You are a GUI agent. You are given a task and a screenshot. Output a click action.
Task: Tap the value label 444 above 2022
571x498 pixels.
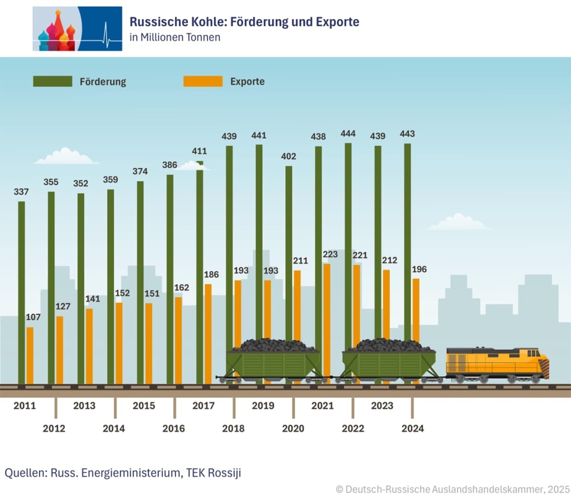(348, 134)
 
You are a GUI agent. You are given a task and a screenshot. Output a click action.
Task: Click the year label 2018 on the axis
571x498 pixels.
(233, 428)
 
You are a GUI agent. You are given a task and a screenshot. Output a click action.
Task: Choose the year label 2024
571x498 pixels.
(413, 428)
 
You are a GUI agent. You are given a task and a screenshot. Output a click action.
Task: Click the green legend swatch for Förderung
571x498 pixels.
(52, 81)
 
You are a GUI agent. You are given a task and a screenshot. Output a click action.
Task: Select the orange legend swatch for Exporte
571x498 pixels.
(203, 81)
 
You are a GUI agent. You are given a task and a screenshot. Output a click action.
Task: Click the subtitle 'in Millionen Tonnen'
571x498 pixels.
(175, 38)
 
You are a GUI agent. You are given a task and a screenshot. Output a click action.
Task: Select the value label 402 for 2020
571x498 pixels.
(288, 156)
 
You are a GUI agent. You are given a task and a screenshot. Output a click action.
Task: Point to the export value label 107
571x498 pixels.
(33, 317)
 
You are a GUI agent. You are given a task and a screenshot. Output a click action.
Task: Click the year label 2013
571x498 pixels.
(84, 405)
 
